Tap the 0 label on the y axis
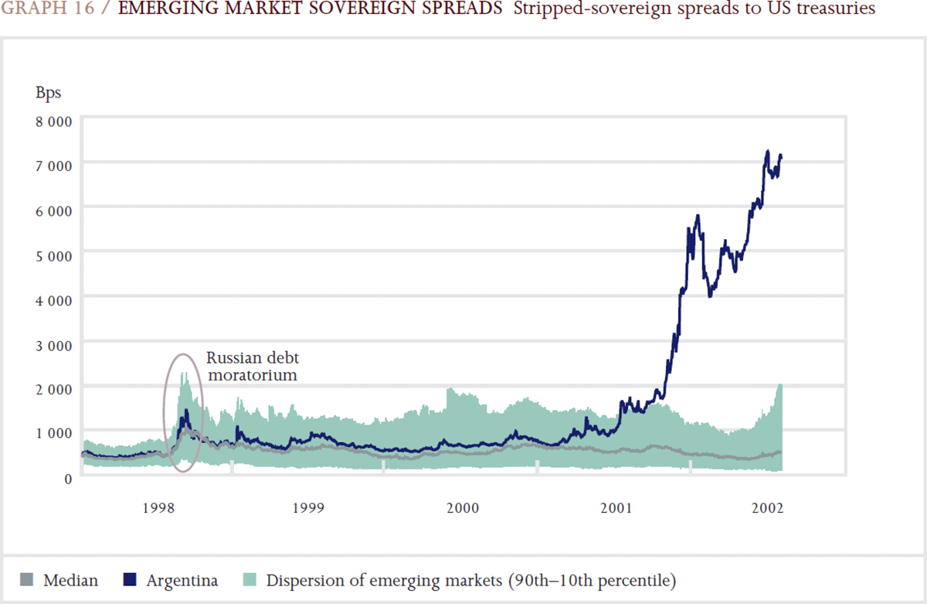(68, 478)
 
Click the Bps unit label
(48, 93)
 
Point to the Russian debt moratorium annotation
(252, 367)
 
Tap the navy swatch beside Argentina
(131, 580)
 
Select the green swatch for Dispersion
(251, 580)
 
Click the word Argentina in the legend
(182, 580)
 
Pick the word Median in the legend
(71, 580)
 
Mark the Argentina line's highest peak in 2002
(767, 151)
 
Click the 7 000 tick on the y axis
(54, 165)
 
